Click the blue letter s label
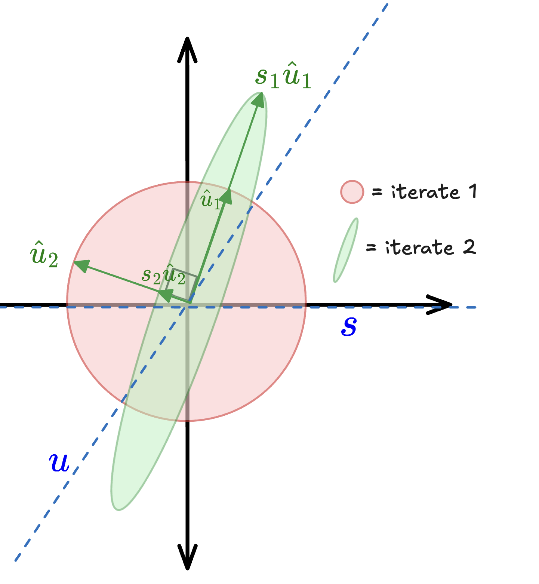[349, 326]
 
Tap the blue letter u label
[59, 463]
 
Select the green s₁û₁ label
[283, 77]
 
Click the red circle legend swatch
[352, 192]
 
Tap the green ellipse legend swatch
[346, 250]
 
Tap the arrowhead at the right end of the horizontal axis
[441, 305]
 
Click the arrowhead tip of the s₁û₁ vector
[259, 98]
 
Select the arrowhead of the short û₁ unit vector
[227, 197]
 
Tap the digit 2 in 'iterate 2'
[469, 247]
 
